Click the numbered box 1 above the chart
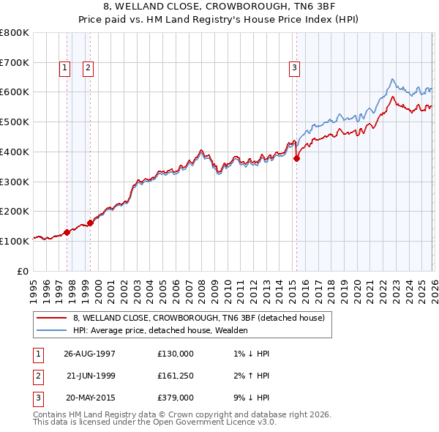[64, 68]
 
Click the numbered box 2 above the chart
[88, 68]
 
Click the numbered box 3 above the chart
[294, 68]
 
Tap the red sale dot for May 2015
[297, 157]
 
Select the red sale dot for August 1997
[67, 232]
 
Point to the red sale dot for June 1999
[91, 223]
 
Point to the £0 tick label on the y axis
[23, 271]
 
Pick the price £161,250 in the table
[176, 376]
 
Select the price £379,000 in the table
[176, 398]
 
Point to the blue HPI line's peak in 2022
[393, 78]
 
